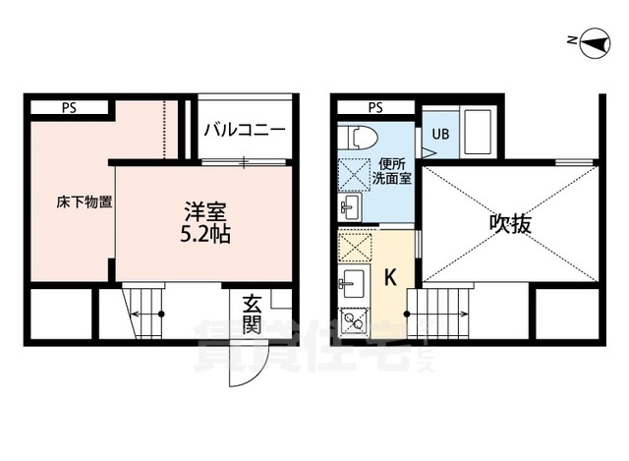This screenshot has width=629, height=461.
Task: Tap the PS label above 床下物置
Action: [69, 108]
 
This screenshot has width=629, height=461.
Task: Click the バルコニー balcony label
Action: [245, 130]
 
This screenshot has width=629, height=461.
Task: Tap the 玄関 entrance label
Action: [251, 315]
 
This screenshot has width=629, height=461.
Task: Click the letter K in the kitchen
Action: [389, 278]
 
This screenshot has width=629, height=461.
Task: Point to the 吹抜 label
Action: [510, 224]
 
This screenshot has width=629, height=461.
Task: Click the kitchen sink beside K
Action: [351, 285]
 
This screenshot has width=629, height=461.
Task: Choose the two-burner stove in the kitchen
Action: [351, 320]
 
